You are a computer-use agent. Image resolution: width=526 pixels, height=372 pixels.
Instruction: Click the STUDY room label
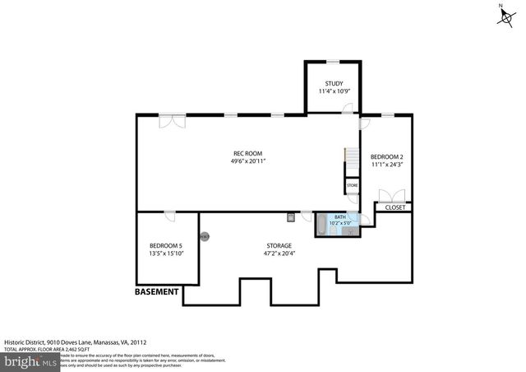pyautogui.click(x=334, y=83)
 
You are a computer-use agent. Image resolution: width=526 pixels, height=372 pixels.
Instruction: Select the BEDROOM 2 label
pyautogui.click(x=386, y=156)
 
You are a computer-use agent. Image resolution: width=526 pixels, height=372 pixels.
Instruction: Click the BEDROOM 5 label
pyautogui.click(x=166, y=245)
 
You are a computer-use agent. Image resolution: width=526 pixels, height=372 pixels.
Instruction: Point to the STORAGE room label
pyautogui.click(x=278, y=245)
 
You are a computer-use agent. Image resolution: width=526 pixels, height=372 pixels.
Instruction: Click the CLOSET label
pyautogui.click(x=394, y=207)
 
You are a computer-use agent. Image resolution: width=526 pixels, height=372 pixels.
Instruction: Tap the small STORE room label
pyautogui.click(x=352, y=186)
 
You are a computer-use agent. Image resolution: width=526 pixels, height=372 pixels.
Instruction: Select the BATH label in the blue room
pyautogui.click(x=339, y=217)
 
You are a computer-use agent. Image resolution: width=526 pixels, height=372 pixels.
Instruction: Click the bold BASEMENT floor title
pyautogui.click(x=156, y=291)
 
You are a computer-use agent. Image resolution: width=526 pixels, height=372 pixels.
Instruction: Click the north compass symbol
pyautogui.click(x=501, y=16)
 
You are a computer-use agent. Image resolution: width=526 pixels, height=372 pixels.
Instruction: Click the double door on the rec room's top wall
pyautogui.click(x=173, y=121)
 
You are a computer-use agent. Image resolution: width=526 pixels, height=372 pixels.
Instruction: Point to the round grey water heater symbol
pyautogui.click(x=205, y=236)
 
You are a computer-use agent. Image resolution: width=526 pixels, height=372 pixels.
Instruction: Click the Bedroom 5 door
pyautogui.click(x=169, y=216)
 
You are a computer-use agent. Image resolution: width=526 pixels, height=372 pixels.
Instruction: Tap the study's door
pyautogui.click(x=349, y=109)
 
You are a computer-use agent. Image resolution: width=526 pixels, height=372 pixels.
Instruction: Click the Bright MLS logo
pyautogui.click(x=30, y=361)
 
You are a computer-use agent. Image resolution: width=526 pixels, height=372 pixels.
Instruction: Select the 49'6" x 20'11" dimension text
pyautogui.click(x=248, y=161)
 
